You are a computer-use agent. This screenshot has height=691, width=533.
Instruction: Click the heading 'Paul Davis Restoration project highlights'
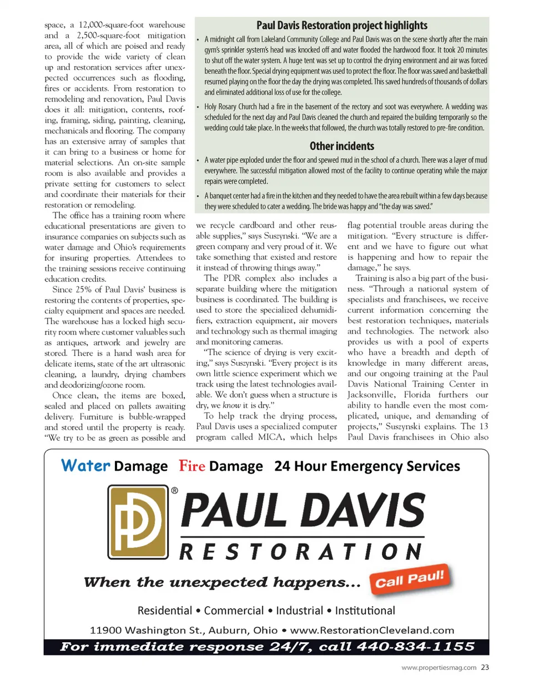(x=341, y=26)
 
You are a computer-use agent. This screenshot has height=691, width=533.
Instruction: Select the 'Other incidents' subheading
(x=341, y=146)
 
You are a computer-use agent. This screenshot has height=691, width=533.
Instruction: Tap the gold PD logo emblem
(x=138, y=522)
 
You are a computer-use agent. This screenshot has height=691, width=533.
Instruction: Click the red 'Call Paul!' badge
(x=410, y=579)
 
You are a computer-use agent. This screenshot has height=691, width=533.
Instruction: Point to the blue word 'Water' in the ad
(x=86, y=465)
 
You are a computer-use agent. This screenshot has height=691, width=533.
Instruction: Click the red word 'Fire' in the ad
(x=192, y=466)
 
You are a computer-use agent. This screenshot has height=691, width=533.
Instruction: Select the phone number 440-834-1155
(x=415, y=647)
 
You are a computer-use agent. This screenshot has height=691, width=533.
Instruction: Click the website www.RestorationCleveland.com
(x=372, y=630)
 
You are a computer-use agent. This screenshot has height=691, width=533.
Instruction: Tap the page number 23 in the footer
(x=485, y=668)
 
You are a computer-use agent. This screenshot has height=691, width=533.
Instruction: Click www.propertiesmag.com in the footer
(x=439, y=668)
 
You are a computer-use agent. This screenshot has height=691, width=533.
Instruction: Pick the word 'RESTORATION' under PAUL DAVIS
(x=301, y=552)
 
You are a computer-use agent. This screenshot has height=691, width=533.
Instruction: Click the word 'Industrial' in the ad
(x=299, y=611)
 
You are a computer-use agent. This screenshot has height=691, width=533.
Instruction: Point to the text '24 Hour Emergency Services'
(x=367, y=466)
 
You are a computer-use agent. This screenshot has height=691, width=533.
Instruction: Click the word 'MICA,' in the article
(x=271, y=437)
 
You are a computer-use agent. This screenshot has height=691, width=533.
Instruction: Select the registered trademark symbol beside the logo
(x=174, y=491)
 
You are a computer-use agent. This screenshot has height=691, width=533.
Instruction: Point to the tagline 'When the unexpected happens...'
(x=222, y=582)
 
